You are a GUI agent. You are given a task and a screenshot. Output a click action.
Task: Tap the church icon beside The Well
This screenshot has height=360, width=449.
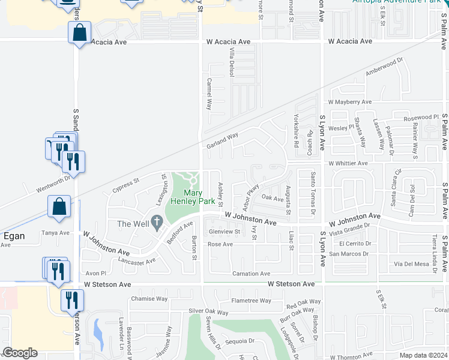[157, 223]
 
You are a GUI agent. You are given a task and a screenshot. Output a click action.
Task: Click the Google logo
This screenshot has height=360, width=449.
[20, 353]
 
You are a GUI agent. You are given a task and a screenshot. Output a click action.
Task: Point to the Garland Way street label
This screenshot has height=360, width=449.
[223, 142]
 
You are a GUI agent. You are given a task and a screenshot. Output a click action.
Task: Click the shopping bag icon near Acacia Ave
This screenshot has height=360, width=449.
[80, 32]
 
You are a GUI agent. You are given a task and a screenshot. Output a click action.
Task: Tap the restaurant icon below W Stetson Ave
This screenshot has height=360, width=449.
[72, 300]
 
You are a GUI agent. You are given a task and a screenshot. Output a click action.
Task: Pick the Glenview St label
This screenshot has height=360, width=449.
[224, 232]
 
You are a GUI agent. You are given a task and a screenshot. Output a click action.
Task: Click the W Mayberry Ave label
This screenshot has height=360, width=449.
[350, 103]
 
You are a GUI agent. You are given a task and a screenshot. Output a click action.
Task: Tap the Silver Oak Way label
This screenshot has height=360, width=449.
[208, 312]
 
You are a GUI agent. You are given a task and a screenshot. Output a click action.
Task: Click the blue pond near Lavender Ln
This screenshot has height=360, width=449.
[98, 329]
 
